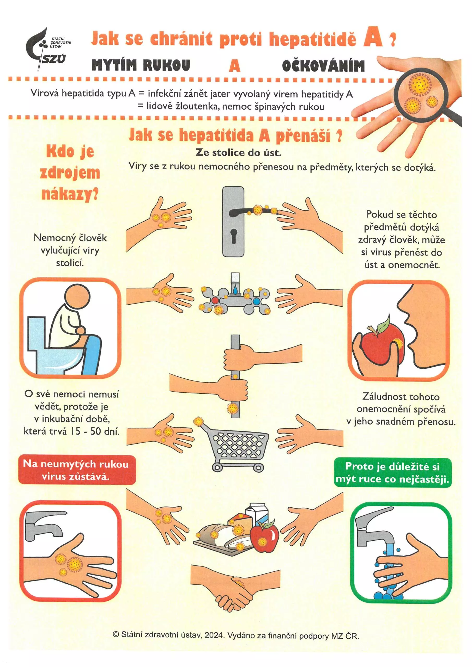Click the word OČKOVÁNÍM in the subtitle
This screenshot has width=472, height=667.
(x=323, y=65)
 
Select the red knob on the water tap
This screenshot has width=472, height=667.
(x=215, y=300)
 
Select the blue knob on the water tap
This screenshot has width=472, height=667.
(x=256, y=301)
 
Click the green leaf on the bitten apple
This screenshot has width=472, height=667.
(x=384, y=322)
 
